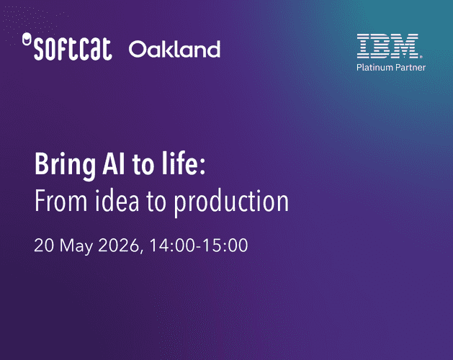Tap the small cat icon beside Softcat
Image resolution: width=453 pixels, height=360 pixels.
point(27,39)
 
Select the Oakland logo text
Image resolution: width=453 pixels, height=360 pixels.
point(174,49)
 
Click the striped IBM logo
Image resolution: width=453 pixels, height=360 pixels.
point(387,46)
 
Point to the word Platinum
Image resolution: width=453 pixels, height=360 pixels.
point(374,67)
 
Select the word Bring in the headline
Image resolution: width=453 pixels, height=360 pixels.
point(65,165)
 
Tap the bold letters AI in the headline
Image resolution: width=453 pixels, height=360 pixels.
point(114,164)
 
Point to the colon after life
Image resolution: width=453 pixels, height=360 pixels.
point(202,168)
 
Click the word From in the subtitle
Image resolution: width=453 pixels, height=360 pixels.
point(60,201)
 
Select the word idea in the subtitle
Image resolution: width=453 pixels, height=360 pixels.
point(117,200)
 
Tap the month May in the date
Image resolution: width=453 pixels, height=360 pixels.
point(76,247)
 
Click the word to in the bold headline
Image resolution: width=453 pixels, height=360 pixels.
point(143,165)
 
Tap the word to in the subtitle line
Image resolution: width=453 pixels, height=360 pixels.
point(156,202)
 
